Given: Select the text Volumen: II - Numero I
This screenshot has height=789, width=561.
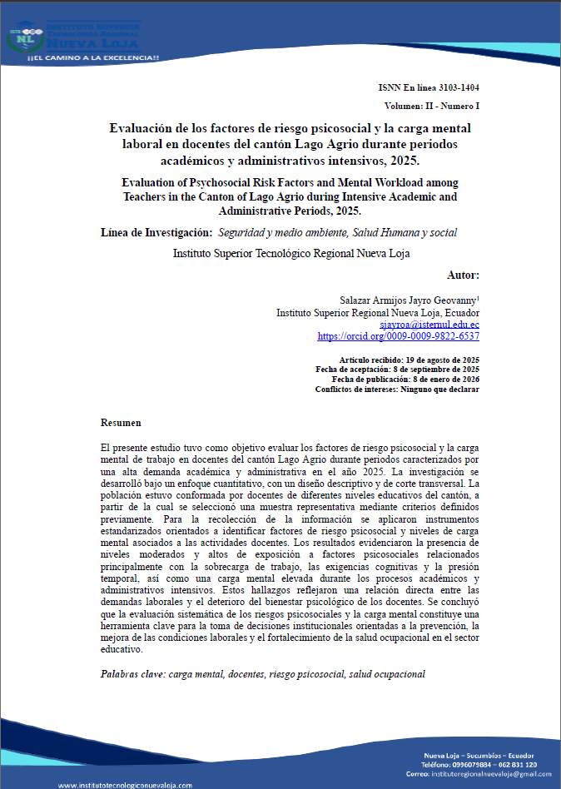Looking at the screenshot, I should click(431, 107).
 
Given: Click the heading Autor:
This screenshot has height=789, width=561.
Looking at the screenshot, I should click(463, 275).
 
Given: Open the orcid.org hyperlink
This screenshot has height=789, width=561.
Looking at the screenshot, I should click(398, 337).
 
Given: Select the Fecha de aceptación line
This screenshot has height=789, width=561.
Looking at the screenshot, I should click(397, 369).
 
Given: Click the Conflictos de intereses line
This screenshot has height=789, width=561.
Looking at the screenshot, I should click(397, 389).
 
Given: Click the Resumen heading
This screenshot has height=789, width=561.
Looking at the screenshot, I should click(121, 423).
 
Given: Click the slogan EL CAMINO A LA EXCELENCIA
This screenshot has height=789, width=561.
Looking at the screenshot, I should click(93, 57).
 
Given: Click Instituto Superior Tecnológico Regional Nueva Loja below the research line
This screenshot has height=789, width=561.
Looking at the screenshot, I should click(291, 253).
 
